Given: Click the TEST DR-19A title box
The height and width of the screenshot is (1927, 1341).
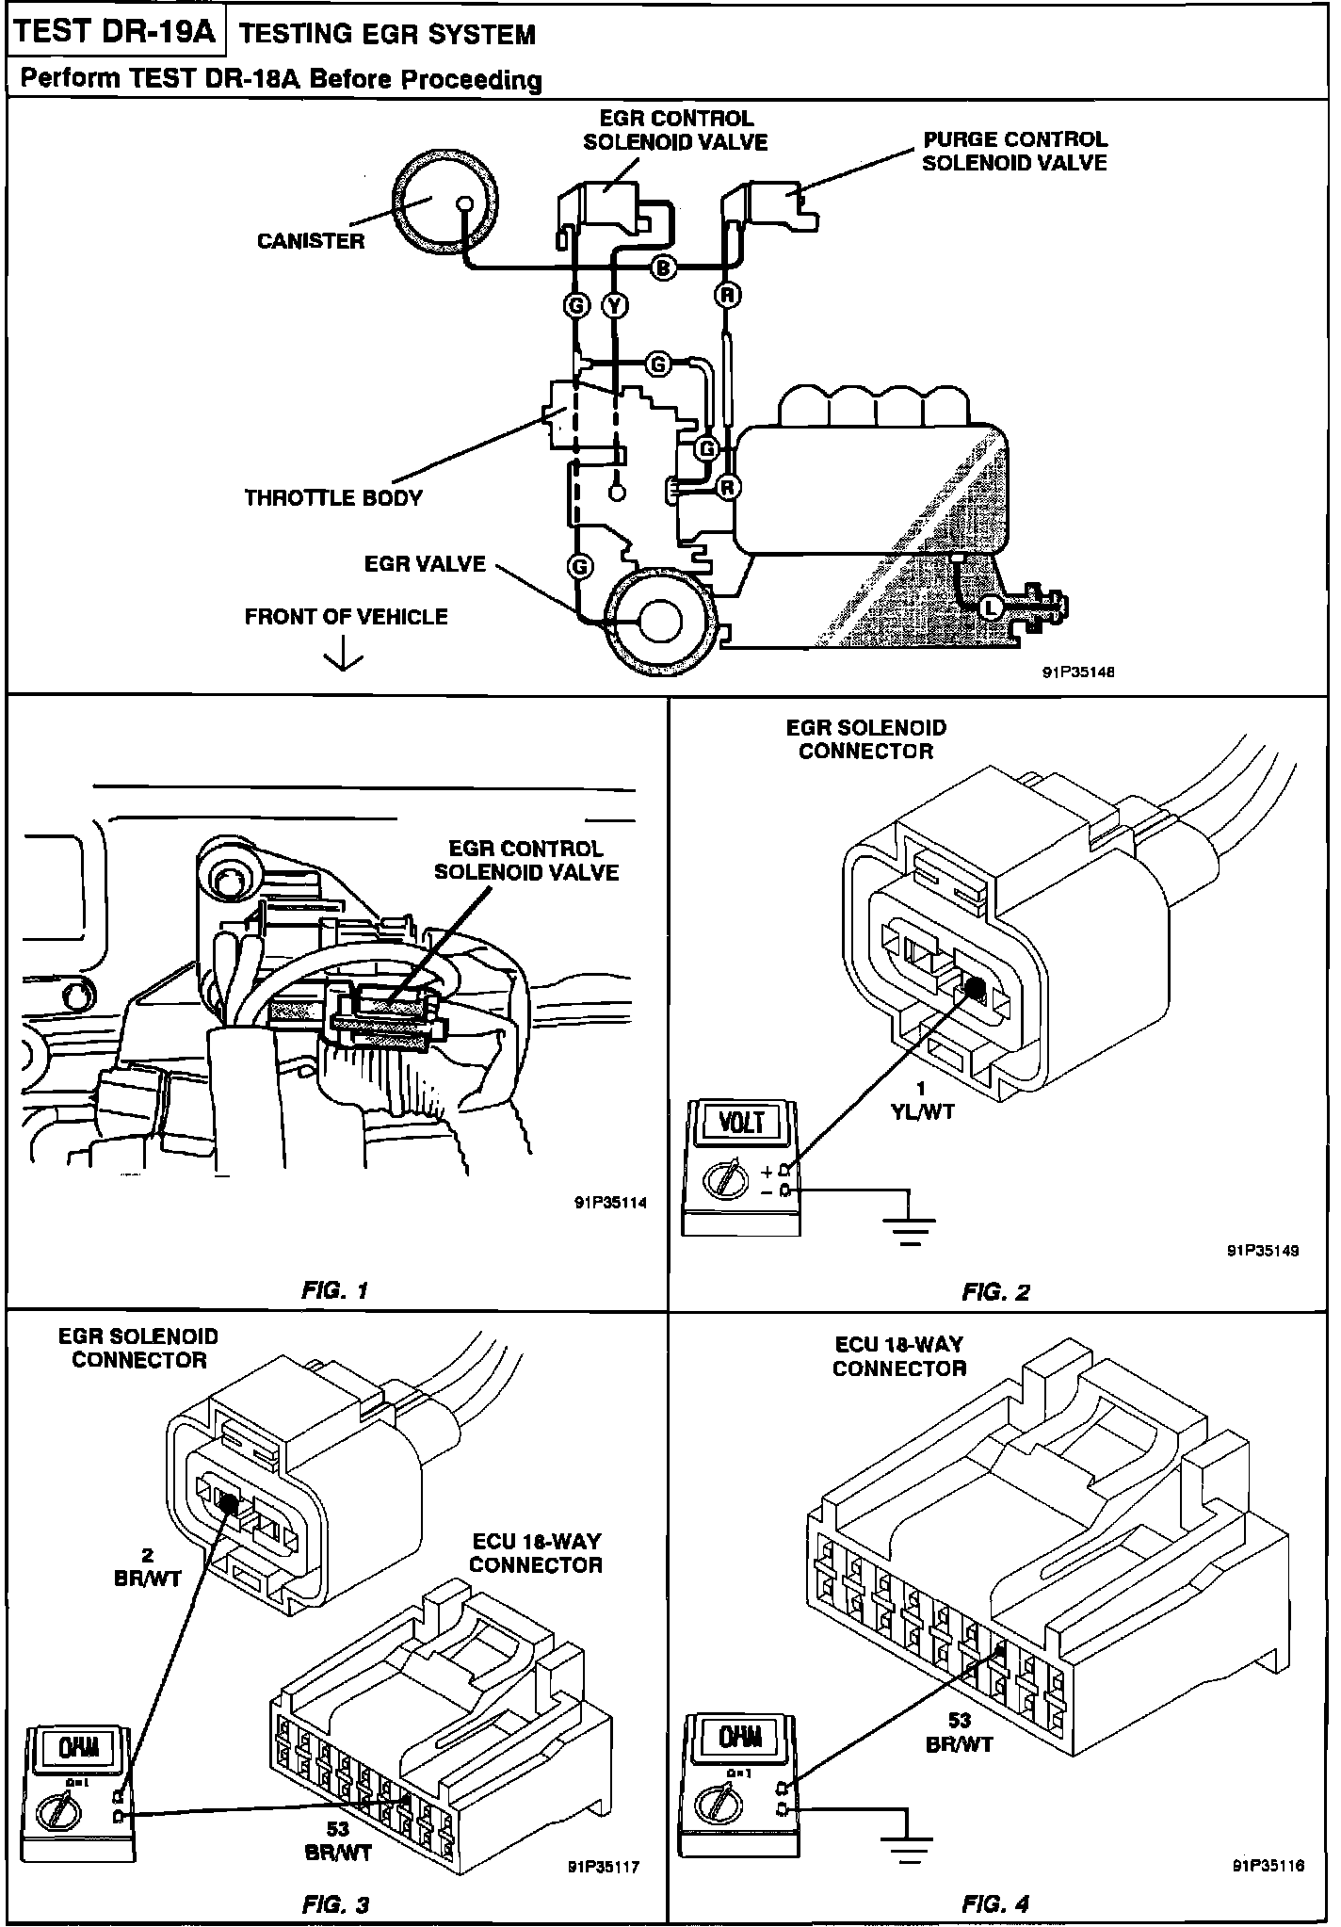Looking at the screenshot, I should (116, 33).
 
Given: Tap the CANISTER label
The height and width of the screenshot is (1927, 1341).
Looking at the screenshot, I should (311, 241).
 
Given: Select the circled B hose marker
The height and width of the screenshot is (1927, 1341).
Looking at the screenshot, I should (663, 269).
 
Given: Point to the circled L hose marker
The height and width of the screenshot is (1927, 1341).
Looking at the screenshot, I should (990, 607).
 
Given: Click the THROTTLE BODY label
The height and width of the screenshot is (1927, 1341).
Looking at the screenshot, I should (333, 498).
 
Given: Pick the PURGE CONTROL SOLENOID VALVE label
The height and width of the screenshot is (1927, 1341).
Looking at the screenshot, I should (1014, 151).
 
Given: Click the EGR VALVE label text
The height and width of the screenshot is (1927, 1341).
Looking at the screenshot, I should (425, 564).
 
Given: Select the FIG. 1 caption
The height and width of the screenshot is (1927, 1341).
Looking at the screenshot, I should (335, 1290).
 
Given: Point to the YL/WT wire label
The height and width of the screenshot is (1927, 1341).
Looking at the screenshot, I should (923, 1111).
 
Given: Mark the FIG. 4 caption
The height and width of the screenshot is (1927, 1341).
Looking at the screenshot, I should (996, 1903).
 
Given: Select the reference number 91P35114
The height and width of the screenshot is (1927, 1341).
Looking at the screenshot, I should (609, 1203).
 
